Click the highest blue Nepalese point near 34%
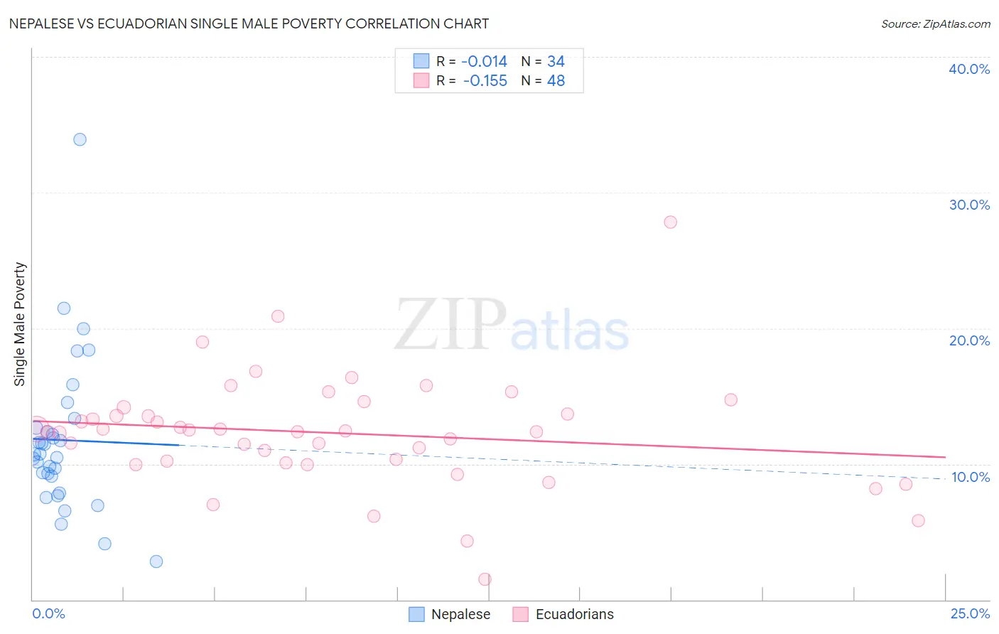click(80, 139)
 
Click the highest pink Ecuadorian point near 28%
click(670, 222)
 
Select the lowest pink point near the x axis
click(485, 579)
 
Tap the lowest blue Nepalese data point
click(156, 562)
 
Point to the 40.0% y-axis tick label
click(969, 69)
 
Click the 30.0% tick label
click(969, 205)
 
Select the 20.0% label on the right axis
click(969, 340)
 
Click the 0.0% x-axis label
click(48, 613)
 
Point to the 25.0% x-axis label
click(970, 613)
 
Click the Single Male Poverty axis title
click(20, 324)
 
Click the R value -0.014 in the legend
click(484, 62)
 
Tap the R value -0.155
click(485, 81)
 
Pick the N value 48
click(556, 81)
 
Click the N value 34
click(556, 62)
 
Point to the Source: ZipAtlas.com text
click(935, 24)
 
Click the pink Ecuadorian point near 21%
click(278, 316)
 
